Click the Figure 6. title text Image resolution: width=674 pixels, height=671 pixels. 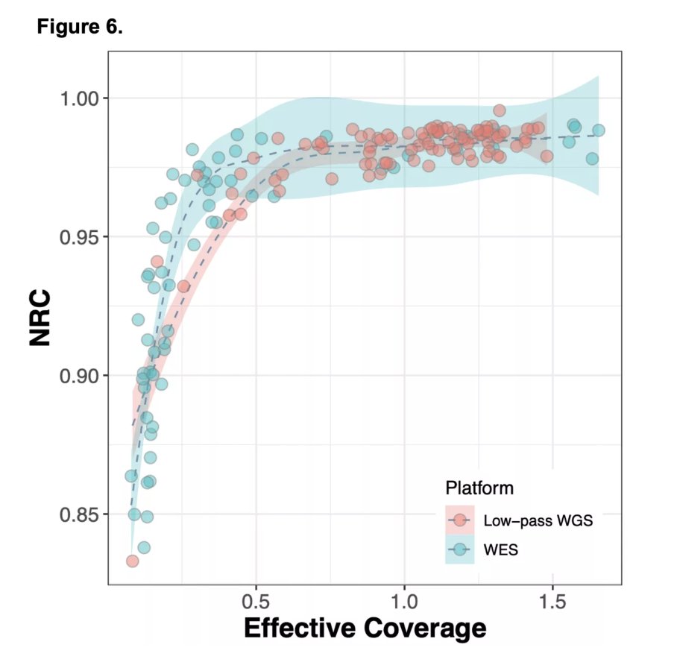pos(79,29)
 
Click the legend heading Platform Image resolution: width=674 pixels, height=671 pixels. pos(479,489)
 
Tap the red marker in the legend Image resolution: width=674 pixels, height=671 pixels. pos(460,520)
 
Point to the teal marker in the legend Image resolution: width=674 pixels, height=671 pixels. pos(460,549)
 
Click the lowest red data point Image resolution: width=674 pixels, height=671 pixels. pos(132,561)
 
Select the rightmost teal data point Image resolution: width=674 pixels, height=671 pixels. pos(598,130)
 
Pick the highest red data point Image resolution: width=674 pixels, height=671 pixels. pos(499,110)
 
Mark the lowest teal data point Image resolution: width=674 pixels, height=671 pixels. pos(144,547)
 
